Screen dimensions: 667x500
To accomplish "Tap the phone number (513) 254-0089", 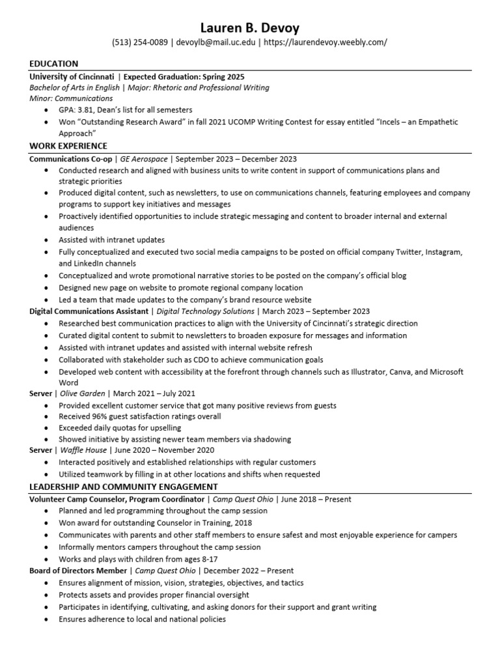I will [140, 42].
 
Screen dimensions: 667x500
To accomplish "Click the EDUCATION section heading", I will [54, 64].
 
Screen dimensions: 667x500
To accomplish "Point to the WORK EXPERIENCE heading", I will [68, 146].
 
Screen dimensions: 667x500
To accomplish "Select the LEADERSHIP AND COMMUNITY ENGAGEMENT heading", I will [124, 487].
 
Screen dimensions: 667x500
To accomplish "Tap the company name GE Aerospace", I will [144, 158].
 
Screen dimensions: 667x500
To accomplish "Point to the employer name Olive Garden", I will [82, 393].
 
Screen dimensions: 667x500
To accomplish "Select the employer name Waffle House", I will [84, 450].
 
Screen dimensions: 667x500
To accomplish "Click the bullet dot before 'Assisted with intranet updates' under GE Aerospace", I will [45, 240].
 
